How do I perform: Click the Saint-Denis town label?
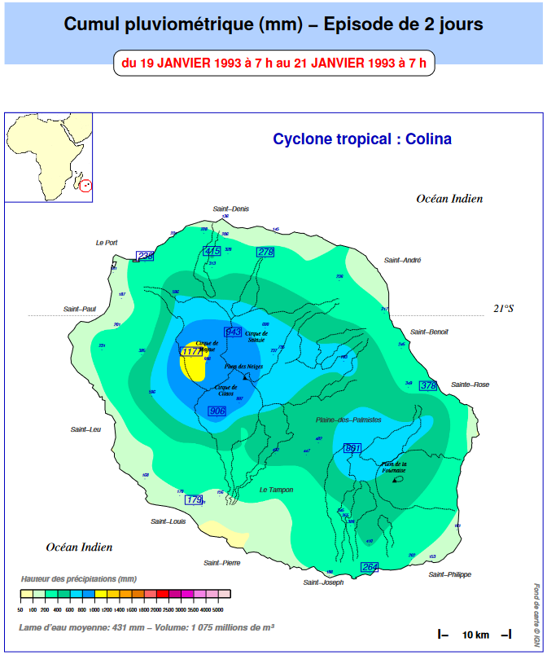231,209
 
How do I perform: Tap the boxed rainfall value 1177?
191,351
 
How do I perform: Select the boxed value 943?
234,332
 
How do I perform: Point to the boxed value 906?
217,411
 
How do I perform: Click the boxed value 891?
352,448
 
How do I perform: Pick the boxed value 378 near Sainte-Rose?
428,385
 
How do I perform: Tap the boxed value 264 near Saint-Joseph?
370,566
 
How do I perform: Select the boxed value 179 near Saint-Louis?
194,499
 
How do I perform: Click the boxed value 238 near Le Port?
146,256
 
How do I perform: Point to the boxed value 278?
265,252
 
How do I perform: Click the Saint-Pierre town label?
221,562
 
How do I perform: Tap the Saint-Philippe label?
449,574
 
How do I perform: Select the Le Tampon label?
276,490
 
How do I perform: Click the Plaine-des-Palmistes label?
348,420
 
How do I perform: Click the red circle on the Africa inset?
87,185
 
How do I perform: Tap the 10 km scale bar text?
475,634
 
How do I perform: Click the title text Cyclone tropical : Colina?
362,139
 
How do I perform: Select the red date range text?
273,62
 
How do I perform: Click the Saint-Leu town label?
85,429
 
